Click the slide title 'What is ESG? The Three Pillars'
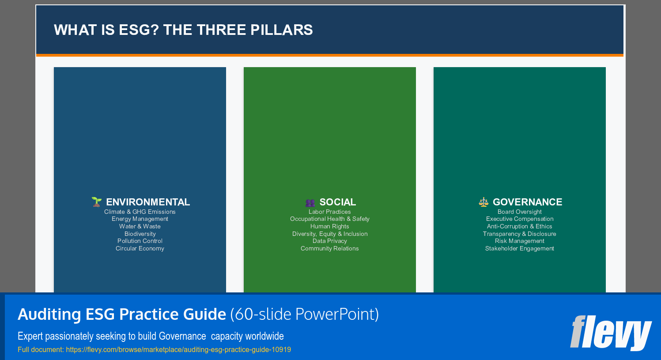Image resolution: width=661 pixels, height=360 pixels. click(x=183, y=30)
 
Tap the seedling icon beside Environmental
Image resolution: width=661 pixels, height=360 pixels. click(x=97, y=202)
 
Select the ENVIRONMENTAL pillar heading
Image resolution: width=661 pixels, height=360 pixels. click(x=148, y=202)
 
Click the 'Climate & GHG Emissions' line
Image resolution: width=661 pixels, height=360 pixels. click(x=140, y=212)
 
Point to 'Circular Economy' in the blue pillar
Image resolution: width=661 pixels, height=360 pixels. click(x=140, y=249)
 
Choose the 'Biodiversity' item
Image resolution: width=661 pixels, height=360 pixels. click(x=140, y=234)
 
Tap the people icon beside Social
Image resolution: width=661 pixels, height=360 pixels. click(x=310, y=202)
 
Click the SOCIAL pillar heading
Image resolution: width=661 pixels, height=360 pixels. click(x=338, y=202)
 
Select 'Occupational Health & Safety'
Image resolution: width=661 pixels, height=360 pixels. click(x=330, y=219)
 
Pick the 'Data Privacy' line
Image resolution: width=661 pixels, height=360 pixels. click(x=330, y=241)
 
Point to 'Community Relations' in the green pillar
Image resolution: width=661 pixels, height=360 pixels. click(x=330, y=249)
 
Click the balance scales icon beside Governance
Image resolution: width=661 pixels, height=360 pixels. click(x=484, y=202)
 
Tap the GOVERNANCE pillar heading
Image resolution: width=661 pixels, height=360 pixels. click(x=528, y=202)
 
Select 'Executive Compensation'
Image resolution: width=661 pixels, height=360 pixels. click(x=520, y=219)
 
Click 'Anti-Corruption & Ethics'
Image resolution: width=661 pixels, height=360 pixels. click(x=520, y=227)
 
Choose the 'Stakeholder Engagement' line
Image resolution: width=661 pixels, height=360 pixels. click(x=520, y=249)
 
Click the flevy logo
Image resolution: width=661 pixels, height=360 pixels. click(x=611, y=332)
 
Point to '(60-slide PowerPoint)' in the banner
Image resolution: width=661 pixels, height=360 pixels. click(x=305, y=315)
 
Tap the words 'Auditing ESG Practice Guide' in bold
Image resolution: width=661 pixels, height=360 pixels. click(x=122, y=315)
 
